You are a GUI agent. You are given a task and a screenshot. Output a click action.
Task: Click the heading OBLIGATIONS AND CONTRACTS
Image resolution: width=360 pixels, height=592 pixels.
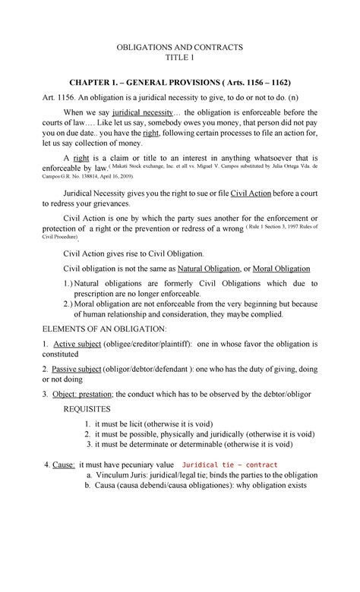pyautogui.click(x=179, y=46)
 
